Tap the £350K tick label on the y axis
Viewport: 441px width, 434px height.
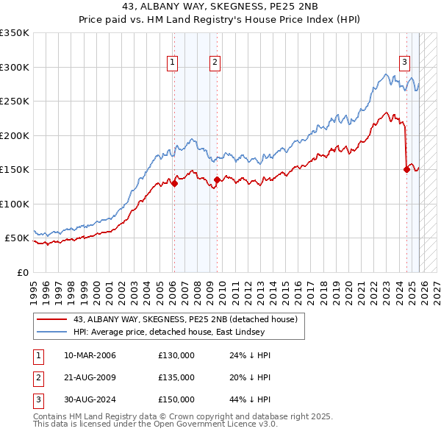coord(15,33)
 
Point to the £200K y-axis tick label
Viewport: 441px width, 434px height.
coord(15,135)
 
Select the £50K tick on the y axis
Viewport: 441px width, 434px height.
coord(18,238)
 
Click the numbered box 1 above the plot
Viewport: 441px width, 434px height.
coord(172,63)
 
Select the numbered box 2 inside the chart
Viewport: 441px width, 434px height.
coord(215,63)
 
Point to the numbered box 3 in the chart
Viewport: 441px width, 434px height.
coord(404,63)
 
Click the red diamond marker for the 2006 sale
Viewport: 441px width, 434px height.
coord(174,184)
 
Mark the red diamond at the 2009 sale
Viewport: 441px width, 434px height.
coord(218,179)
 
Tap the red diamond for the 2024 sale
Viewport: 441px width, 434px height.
coord(406,169)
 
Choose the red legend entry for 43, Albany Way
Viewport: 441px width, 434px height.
coord(184,319)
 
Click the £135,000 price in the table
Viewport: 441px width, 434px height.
coord(176,377)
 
